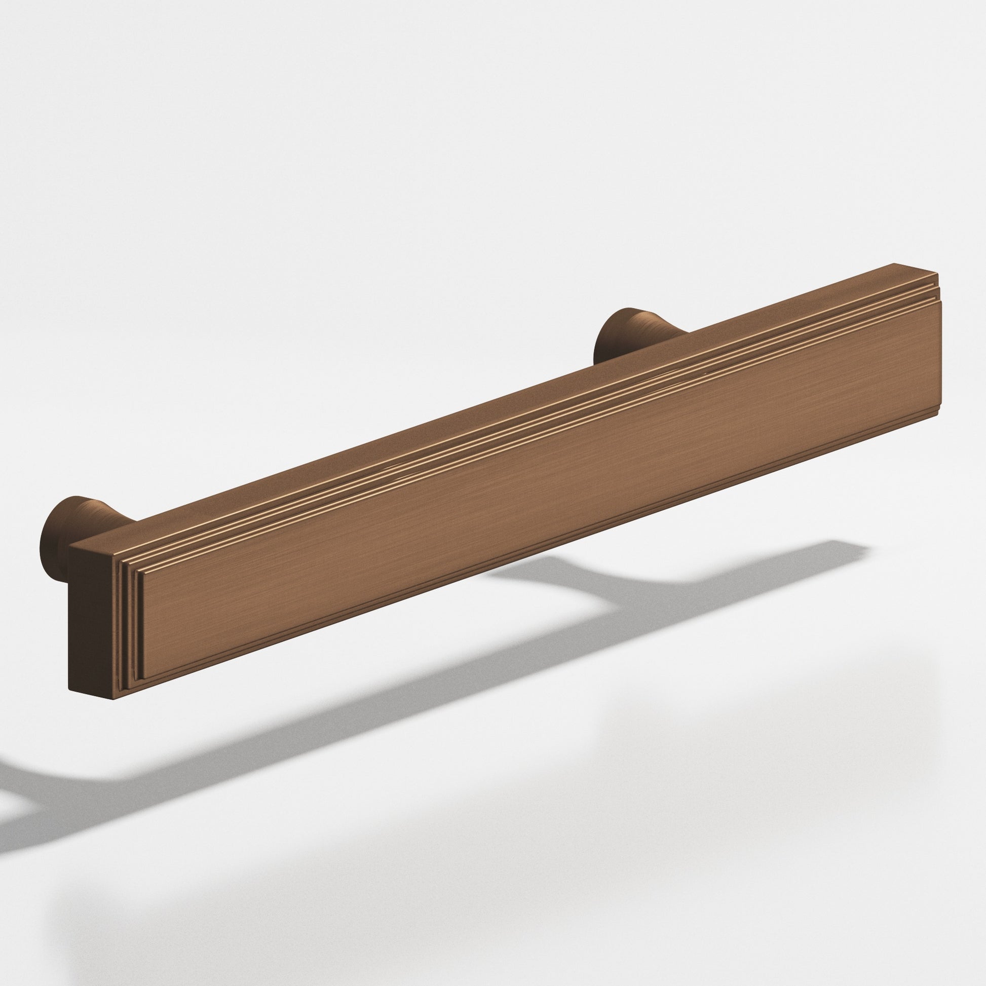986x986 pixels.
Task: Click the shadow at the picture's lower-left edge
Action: (x=15, y=817)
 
